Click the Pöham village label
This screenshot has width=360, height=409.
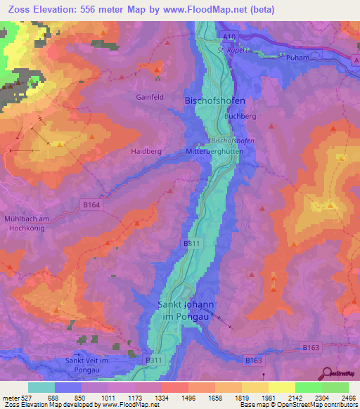[298, 58]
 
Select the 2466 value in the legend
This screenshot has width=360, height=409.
[349, 397]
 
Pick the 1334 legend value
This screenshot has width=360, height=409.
[161, 397]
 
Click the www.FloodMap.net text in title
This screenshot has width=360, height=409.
[214, 10]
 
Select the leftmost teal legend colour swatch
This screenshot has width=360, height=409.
[41, 387]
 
